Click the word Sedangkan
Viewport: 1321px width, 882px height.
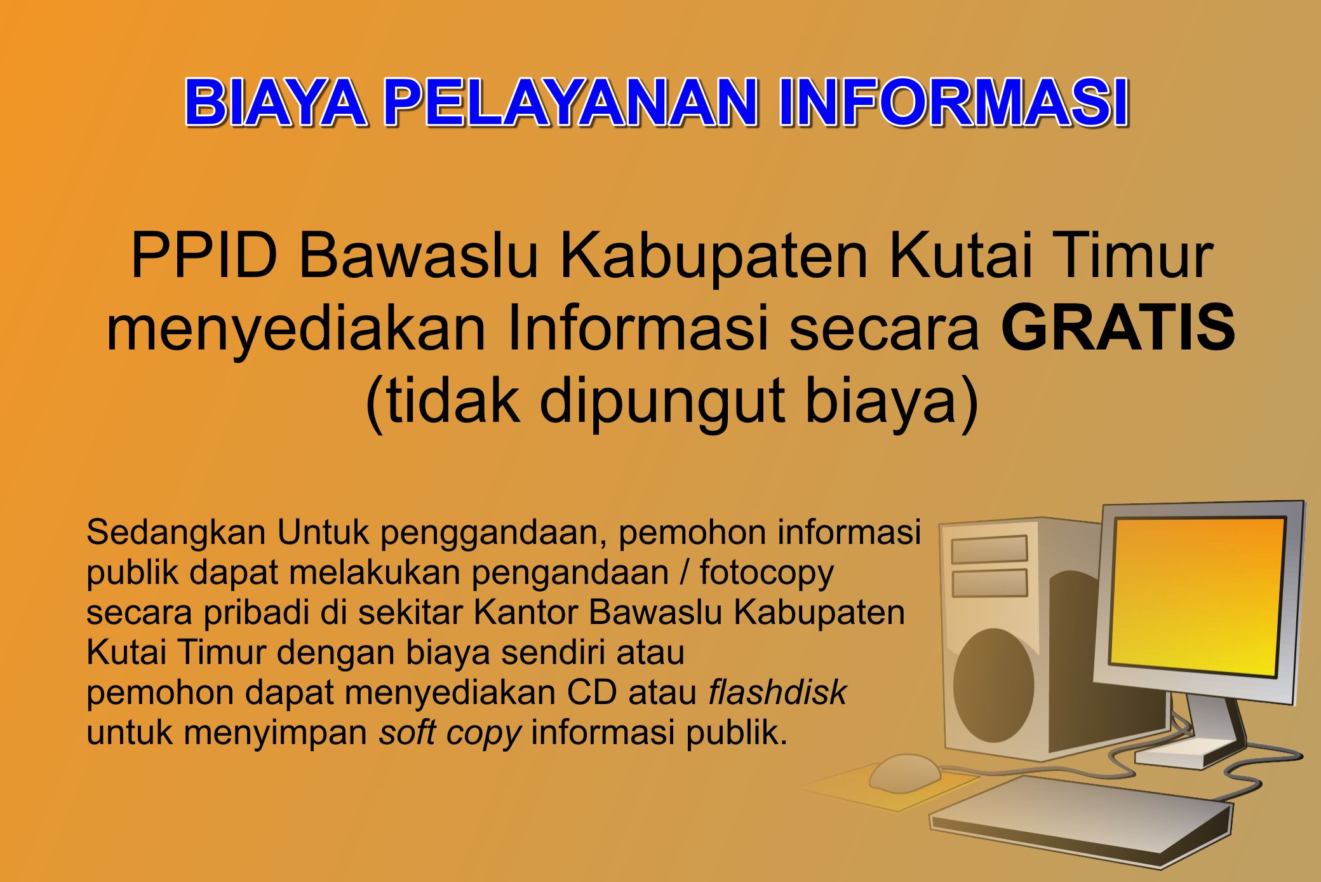[x=176, y=533]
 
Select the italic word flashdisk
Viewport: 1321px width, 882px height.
[x=777, y=692]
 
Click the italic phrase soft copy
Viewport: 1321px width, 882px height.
[x=450, y=733]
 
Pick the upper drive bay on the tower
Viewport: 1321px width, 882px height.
[x=989, y=549]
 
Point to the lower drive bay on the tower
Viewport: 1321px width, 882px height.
[x=989, y=583]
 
